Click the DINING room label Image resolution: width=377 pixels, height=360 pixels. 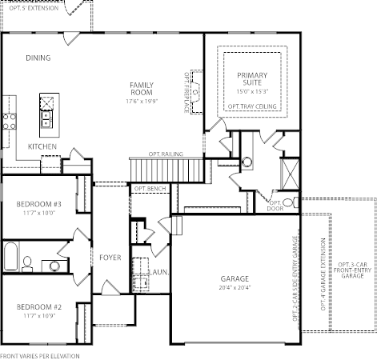pyautogui.click(x=38, y=58)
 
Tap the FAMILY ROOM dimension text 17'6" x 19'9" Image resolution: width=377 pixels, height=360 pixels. pyautogui.click(x=142, y=102)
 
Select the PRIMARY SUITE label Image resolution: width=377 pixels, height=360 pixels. pyautogui.click(x=252, y=79)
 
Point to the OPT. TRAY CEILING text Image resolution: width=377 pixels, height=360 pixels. pyautogui.click(x=252, y=106)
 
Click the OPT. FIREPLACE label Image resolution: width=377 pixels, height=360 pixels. pyautogui.click(x=186, y=93)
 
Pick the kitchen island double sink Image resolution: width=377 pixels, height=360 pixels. pyautogui.click(x=46, y=119)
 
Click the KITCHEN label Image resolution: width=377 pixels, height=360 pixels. pyautogui.click(x=42, y=146)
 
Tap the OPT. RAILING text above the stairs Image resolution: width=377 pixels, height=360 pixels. pyautogui.click(x=166, y=154)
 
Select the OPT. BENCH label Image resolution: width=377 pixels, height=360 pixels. pyautogui.click(x=150, y=189)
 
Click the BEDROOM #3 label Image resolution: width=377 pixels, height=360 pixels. pyautogui.click(x=38, y=204)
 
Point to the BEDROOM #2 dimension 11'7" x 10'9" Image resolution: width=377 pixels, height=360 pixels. pyautogui.click(x=39, y=316)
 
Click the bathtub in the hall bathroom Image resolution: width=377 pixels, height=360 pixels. pyautogui.click(x=10, y=256)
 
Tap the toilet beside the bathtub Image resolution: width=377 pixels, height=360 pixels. pyautogui.click(x=27, y=264)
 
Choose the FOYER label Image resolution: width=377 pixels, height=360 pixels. pyautogui.click(x=110, y=258)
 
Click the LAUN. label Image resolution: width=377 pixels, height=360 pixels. pyautogui.click(x=159, y=272)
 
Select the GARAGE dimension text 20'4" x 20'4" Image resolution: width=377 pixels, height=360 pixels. pyautogui.click(x=235, y=287)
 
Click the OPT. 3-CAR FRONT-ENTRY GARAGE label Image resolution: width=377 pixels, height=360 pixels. pyautogui.click(x=352, y=270)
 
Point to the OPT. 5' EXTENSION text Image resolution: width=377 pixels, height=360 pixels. pyautogui.click(x=34, y=8)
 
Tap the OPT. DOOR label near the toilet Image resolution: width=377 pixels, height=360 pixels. pyautogui.click(x=275, y=206)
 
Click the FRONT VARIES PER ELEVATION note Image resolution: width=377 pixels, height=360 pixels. pyautogui.click(x=40, y=356)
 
